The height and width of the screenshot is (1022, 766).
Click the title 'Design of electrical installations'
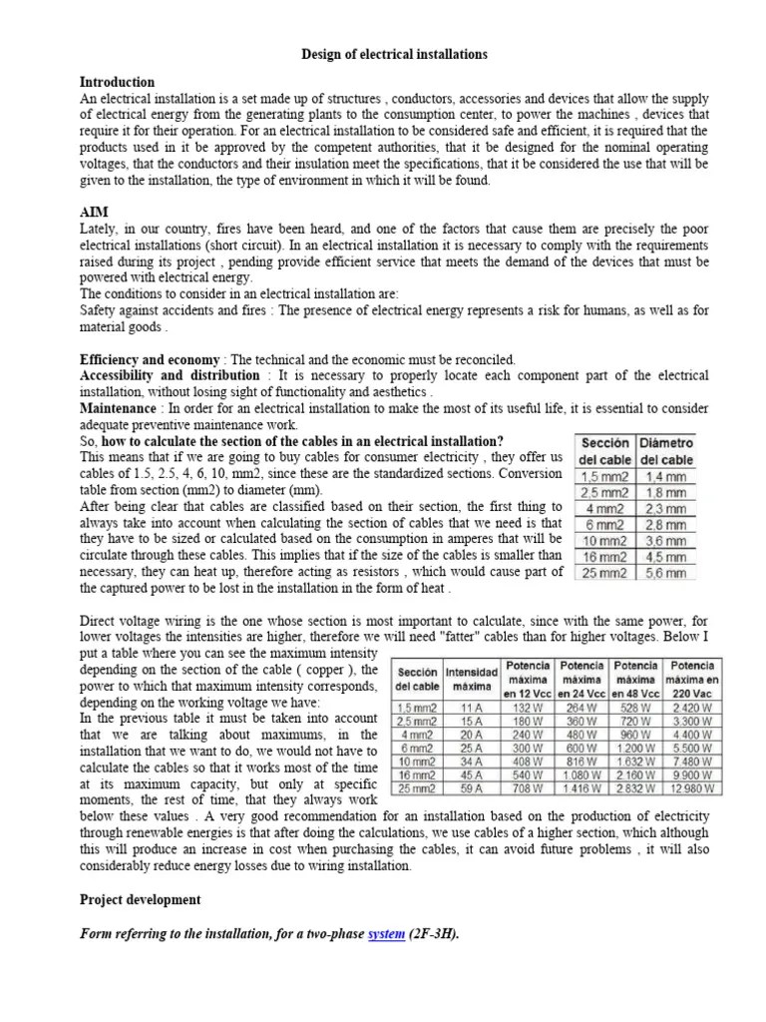pos(395,55)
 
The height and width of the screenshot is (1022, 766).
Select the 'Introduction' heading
pos(117,82)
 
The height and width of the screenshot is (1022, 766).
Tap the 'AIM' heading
pos(94,214)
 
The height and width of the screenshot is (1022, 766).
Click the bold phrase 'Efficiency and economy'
pos(150,359)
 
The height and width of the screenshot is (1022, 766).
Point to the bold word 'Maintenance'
pos(117,409)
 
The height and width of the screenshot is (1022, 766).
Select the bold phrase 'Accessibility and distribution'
pos(170,375)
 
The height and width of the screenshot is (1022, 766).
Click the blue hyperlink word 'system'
pos(386,934)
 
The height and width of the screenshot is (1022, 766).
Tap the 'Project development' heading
pos(140,899)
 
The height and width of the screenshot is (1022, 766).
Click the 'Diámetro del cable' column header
pos(666,451)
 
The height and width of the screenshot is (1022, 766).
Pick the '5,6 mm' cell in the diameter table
pos(666,573)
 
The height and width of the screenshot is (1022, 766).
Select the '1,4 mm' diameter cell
pos(666,477)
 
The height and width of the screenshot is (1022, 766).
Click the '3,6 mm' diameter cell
pos(666,541)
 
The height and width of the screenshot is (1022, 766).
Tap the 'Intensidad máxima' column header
pos(472,680)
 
